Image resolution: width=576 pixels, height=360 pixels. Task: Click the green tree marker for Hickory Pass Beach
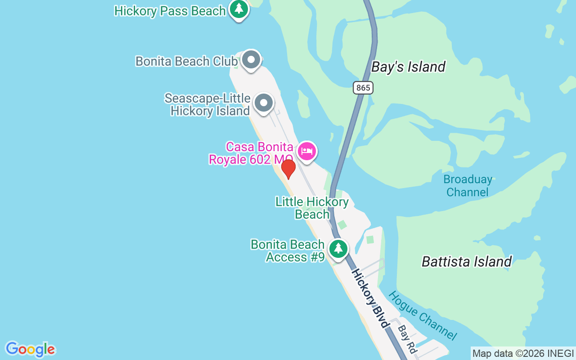click(x=239, y=9)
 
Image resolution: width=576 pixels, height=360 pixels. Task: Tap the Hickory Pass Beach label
click(x=170, y=11)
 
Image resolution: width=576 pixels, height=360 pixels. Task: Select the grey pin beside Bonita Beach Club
click(x=251, y=59)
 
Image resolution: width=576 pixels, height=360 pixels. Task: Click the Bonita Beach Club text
click(x=186, y=61)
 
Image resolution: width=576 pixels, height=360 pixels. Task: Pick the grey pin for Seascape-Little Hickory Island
click(x=263, y=103)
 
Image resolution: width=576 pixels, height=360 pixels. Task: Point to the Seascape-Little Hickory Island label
click(x=207, y=104)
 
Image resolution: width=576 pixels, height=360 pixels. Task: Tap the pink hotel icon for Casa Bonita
click(x=306, y=151)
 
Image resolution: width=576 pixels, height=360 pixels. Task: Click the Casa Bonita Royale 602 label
click(x=251, y=153)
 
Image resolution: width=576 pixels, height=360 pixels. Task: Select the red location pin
click(x=288, y=168)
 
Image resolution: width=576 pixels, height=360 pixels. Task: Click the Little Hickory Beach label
click(x=312, y=208)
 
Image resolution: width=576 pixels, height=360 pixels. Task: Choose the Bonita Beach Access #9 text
click(x=288, y=251)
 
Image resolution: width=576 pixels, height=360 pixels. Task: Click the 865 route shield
click(x=363, y=88)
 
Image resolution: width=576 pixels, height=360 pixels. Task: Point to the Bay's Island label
click(x=408, y=67)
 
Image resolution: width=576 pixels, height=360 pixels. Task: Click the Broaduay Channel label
click(x=468, y=185)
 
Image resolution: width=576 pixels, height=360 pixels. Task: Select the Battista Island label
click(x=467, y=261)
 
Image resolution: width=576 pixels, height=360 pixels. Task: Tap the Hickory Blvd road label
click(x=370, y=298)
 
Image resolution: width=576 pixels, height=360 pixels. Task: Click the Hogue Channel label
click(x=423, y=315)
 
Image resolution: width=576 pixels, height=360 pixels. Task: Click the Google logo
click(x=30, y=349)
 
